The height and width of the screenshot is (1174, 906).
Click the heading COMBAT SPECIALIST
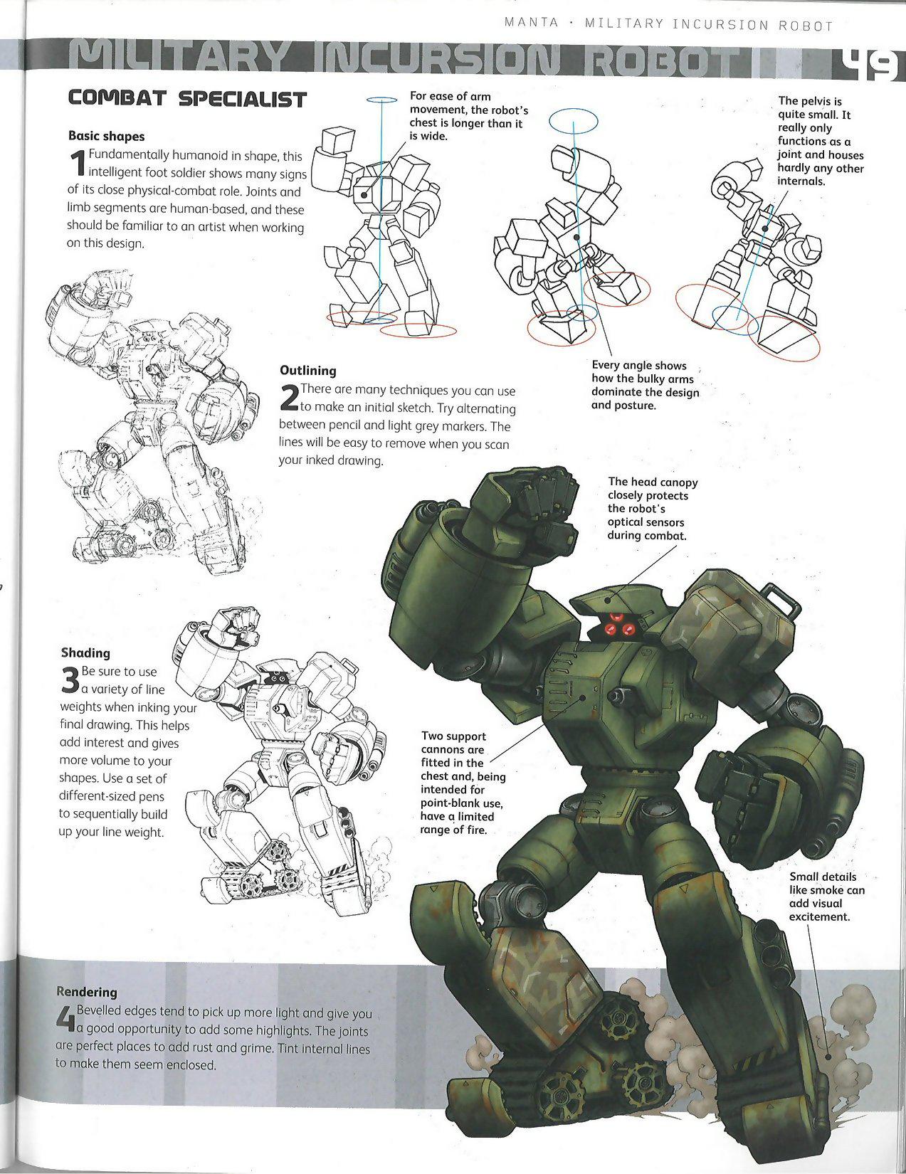[186, 99]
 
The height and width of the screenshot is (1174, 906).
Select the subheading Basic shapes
[106, 136]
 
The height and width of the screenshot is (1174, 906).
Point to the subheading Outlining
[307, 370]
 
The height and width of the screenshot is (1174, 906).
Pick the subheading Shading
[85, 652]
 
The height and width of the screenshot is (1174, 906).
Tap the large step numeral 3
[70, 680]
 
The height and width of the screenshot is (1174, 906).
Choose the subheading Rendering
[86, 991]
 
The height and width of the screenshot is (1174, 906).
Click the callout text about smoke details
[826, 897]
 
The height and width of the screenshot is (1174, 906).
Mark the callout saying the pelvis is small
[819, 141]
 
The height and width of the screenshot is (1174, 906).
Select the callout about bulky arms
[644, 385]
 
